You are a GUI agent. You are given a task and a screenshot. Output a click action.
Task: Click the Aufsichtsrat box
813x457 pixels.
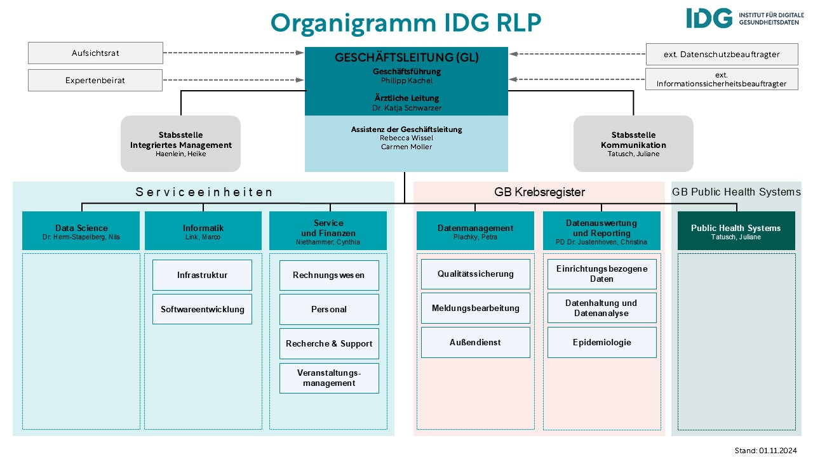(x=95, y=53)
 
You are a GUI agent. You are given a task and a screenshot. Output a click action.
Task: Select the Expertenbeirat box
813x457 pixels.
(x=95, y=81)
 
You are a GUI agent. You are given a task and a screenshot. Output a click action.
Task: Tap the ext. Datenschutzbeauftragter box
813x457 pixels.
(x=722, y=55)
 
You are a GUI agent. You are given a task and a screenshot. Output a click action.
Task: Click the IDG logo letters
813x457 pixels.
(x=709, y=18)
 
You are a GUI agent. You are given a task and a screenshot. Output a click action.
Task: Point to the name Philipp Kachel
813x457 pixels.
(x=406, y=81)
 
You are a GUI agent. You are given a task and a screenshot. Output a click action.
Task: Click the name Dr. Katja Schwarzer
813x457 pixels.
(x=406, y=108)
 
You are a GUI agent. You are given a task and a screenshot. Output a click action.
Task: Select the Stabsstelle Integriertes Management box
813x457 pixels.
(x=181, y=144)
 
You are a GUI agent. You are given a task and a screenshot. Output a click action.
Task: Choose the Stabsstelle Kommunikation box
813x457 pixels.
(x=633, y=144)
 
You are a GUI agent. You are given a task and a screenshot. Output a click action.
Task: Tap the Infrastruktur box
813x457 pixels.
(x=202, y=275)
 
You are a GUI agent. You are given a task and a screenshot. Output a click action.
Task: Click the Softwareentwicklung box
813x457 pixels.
(x=202, y=309)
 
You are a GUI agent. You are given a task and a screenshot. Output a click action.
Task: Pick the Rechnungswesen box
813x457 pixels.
(x=329, y=275)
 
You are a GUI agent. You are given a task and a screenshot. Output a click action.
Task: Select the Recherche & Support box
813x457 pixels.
(x=329, y=343)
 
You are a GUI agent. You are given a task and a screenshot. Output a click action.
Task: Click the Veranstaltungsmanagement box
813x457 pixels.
(x=329, y=378)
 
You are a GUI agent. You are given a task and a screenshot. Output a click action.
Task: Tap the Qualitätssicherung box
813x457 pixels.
(x=475, y=274)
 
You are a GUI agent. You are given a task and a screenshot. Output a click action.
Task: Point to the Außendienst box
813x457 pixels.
(x=475, y=342)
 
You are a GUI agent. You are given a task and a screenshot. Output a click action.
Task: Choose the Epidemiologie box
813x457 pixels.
(x=601, y=342)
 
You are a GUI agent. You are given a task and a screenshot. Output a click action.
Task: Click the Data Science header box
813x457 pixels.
(x=81, y=231)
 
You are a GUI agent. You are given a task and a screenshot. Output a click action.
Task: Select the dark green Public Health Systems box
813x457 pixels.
(x=736, y=231)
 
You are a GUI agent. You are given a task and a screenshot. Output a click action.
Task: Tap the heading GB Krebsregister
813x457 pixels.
(x=539, y=192)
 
